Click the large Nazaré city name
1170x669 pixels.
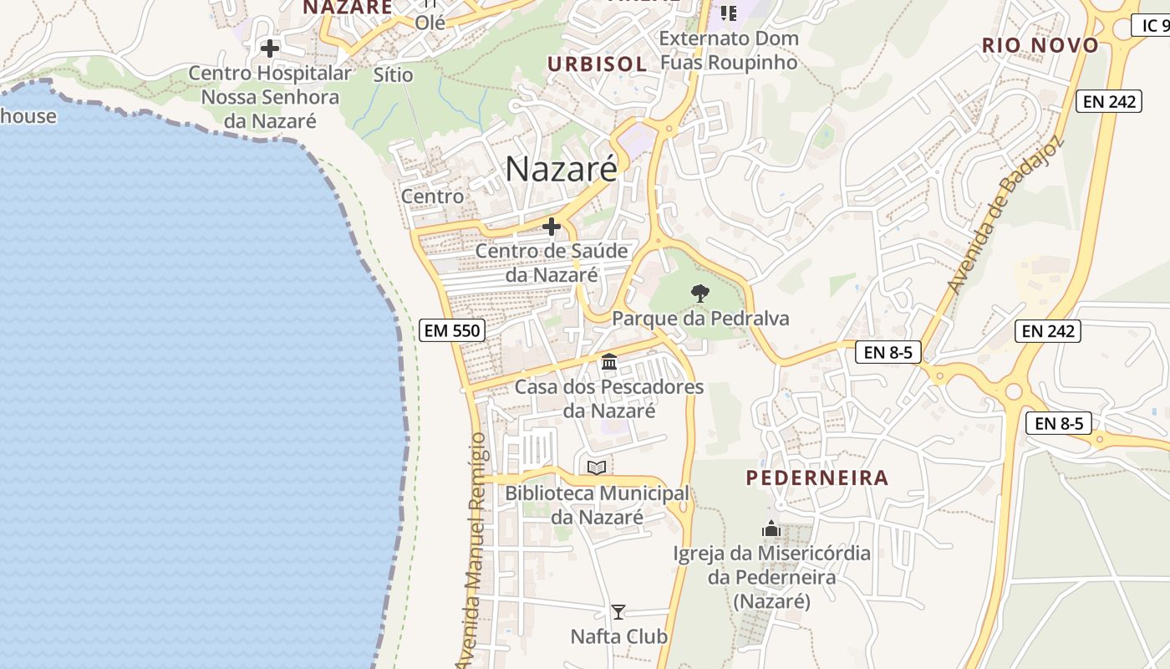(561, 170)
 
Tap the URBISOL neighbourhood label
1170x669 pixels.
(597, 64)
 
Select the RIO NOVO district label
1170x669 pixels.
(1040, 45)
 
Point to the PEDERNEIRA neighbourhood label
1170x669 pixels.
(816, 478)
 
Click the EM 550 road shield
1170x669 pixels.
(452, 330)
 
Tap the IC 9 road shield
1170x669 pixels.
(1154, 26)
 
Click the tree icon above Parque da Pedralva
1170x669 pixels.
(700, 294)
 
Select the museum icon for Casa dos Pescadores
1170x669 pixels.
(609, 362)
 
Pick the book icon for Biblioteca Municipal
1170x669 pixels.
(597, 467)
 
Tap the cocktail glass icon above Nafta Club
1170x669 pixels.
(618, 611)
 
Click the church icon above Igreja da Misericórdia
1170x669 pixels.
(771, 529)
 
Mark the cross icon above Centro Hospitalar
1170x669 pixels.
(270, 49)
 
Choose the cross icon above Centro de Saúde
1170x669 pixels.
(552, 227)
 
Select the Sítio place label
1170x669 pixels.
(394, 74)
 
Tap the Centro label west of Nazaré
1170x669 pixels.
(432, 197)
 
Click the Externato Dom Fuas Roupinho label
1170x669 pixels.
(729, 50)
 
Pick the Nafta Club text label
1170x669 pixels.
(618, 637)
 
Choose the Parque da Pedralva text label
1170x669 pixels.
(700, 319)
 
